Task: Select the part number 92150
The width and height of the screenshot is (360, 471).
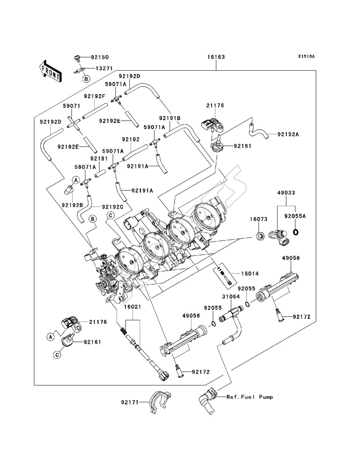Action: (x=100, y=57)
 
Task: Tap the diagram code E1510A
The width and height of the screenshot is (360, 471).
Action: (x=306, y=56)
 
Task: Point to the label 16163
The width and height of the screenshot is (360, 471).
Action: (x=216, y=57)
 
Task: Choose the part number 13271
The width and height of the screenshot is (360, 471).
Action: (x=104, y=68)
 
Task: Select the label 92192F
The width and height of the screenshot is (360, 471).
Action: (x=94, y=96)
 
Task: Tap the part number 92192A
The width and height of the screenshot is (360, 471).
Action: (x=288, y=135)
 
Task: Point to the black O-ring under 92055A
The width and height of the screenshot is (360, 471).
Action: (x=296, y=232)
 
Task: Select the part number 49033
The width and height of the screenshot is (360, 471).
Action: (x=286, y=193)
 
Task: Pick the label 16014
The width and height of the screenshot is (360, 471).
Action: (x=250, y=273)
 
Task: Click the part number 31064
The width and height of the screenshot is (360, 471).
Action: (x=231, y=296)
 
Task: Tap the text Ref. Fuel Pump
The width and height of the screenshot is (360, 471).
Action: (x=250, y=397)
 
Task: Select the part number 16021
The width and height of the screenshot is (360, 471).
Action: (x=132, y=307)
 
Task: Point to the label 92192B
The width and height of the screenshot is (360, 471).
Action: (x=72, y=205)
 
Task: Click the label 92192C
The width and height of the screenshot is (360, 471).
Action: (x=112, y=207)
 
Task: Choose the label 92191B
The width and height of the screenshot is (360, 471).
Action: (x=170, y=118)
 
